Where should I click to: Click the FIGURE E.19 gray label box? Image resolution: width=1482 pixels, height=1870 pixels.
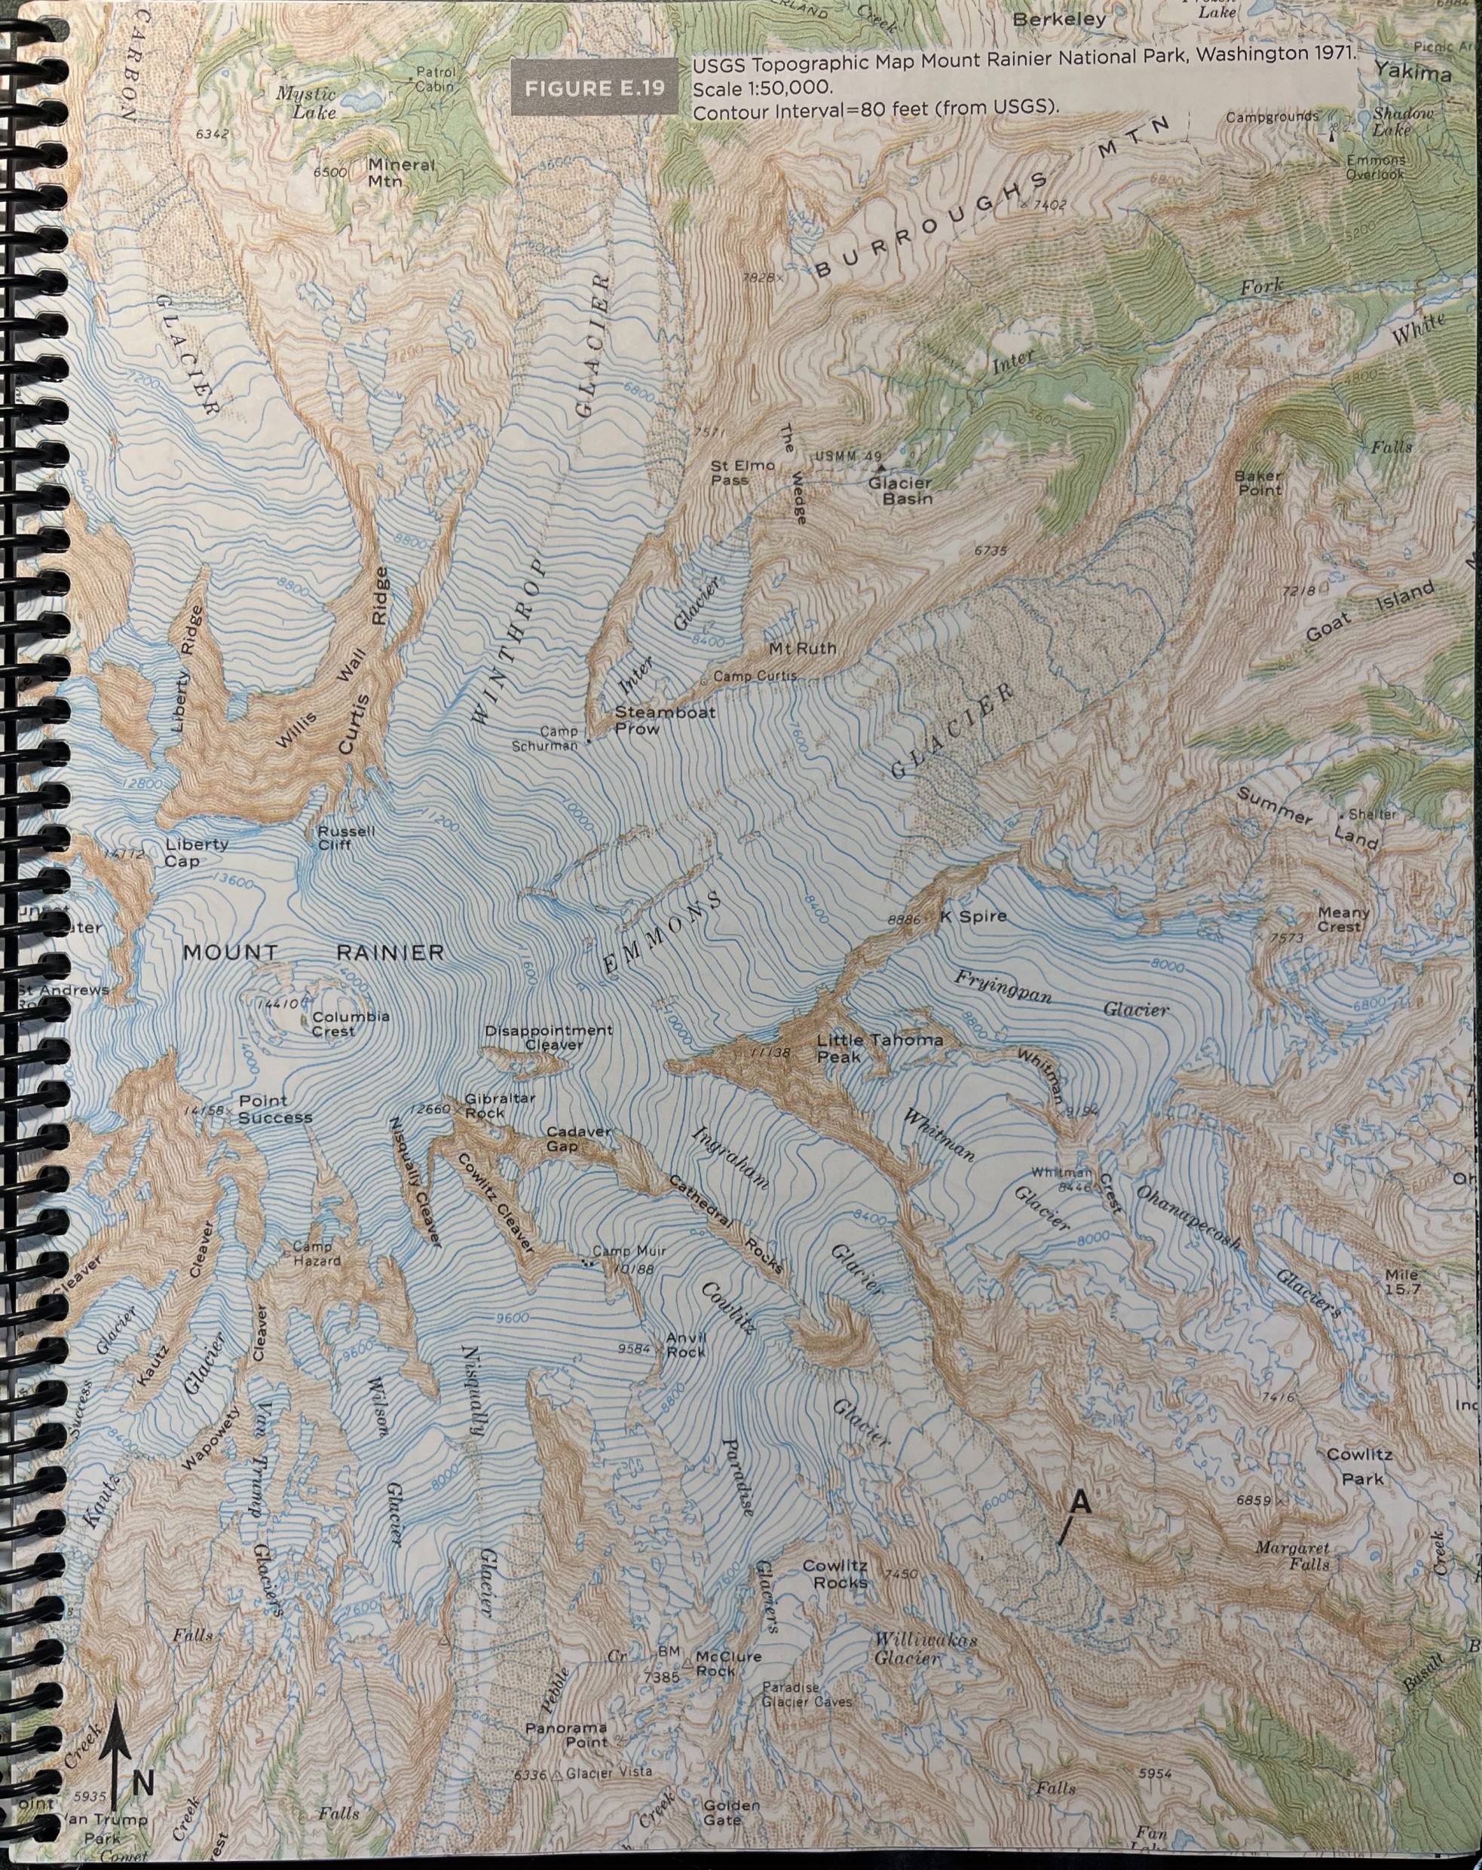[x=594, y=88]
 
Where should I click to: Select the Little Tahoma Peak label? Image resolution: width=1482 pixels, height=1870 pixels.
[x=879, y=1048]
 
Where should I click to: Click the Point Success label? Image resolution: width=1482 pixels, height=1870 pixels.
[x=274, y=1109]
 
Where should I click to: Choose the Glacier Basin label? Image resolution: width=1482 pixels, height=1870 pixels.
[x=900, y=491]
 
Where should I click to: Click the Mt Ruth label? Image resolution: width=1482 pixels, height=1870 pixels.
[x=803, y=648]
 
